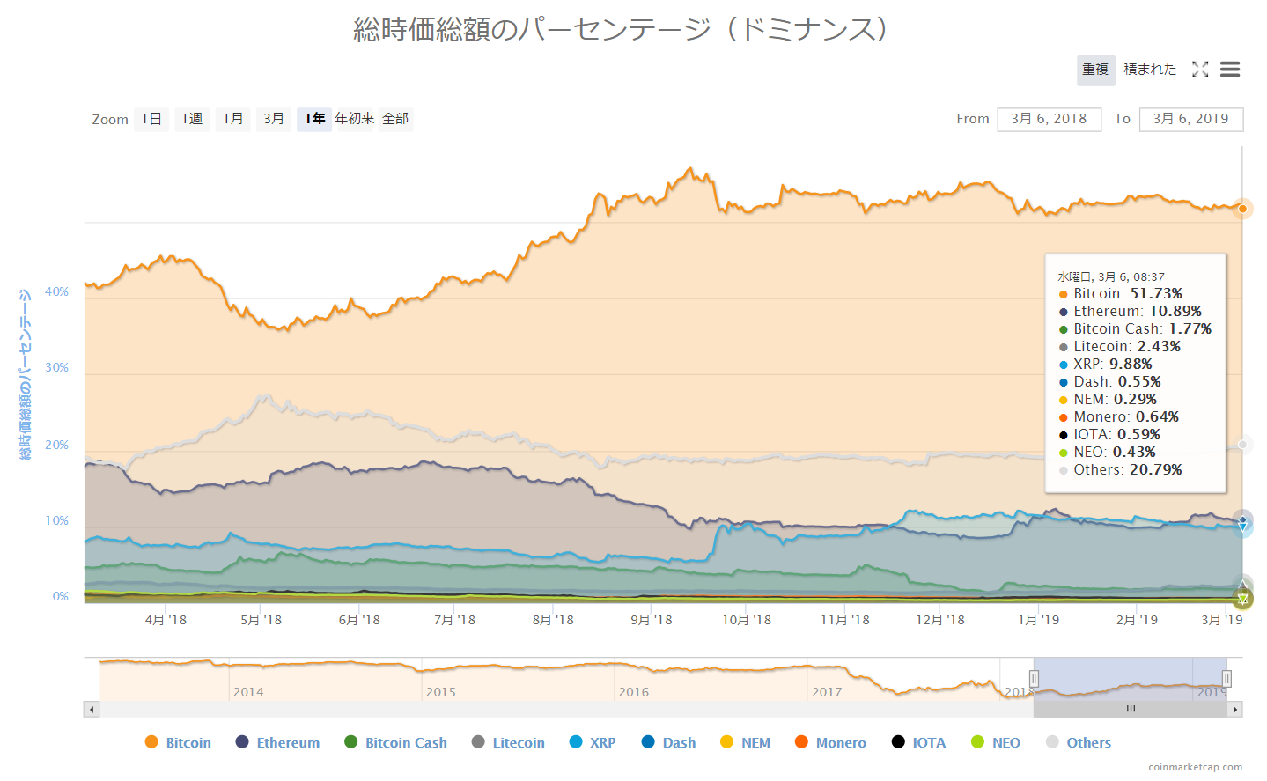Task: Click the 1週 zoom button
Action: [192, 119]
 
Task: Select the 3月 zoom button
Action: [273, 119]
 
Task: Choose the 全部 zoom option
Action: [395, 119]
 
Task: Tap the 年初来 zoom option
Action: [354, 119]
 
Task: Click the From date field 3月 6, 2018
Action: [1049, 119]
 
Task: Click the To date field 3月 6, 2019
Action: [1190, 119]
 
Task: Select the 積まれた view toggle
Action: [1149, 70]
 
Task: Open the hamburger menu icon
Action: [1230, 70]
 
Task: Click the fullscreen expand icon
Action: [1200, 70]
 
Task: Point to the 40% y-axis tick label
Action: [57, 291]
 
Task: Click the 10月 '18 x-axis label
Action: [747, 620]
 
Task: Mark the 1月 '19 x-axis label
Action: [1039, 620]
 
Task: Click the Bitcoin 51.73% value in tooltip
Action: [1155, 294]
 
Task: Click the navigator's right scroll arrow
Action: [1235, 709]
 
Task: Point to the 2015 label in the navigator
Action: [440, 692]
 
